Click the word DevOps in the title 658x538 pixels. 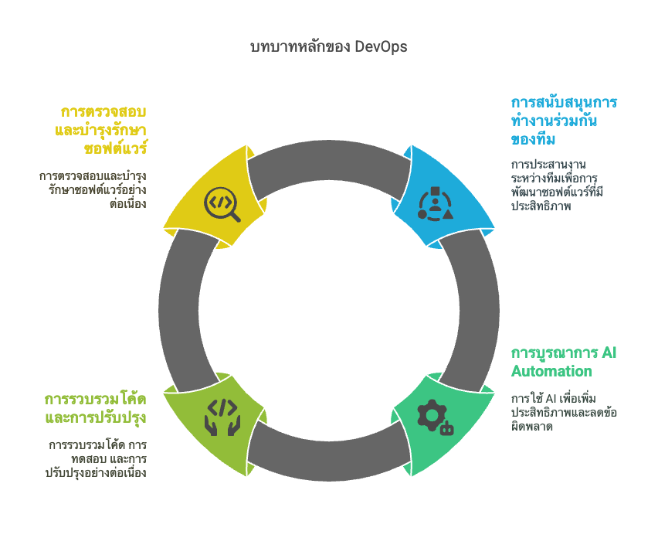381,46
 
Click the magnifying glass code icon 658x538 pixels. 222,205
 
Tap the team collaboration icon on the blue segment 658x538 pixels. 435,204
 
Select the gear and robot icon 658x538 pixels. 436,417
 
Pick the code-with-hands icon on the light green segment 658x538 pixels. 222,417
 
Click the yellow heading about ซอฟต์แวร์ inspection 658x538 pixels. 100,130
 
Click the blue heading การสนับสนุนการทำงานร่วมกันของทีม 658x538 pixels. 564,121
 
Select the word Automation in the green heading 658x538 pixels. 551,371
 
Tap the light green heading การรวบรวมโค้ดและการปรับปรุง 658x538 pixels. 95,409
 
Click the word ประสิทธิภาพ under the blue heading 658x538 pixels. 541,206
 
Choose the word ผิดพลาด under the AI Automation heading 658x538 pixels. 531,427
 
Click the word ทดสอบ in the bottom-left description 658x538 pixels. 88,458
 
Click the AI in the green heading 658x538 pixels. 609,352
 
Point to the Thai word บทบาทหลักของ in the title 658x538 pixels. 300,46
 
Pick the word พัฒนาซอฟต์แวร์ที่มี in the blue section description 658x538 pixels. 558,192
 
